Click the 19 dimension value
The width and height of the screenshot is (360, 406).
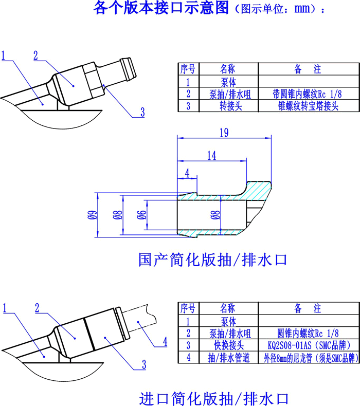tap(223, 133)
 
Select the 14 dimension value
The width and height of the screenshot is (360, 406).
tap(212, 156)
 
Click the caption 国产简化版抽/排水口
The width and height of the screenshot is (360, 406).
tap(212, 259)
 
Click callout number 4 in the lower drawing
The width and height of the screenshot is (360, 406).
tap(165, 341)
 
